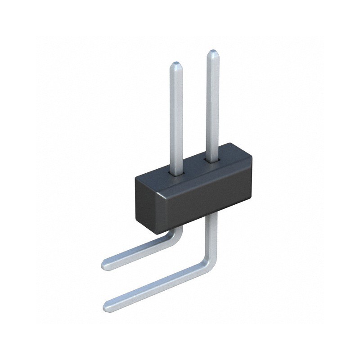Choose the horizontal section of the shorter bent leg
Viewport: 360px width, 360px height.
[x=135, y=252]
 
